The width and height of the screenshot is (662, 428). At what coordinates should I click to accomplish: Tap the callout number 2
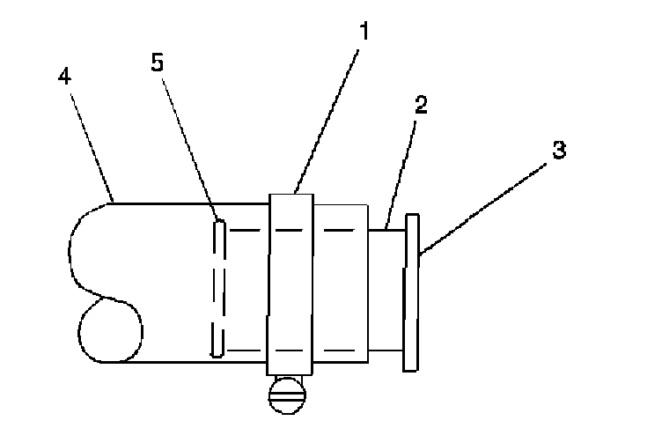tap(421, 106)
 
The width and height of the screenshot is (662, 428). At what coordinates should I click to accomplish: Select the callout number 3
tap(558, 150)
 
